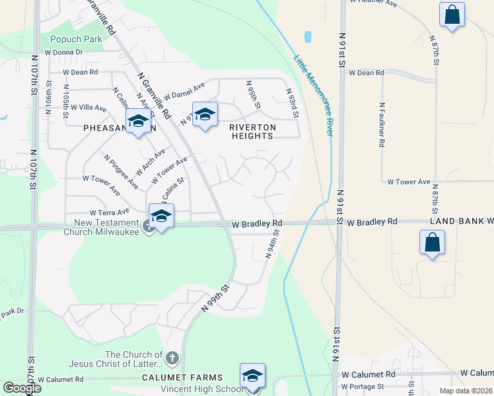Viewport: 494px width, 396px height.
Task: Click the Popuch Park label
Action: (76, 39)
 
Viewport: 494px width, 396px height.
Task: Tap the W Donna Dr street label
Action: (63, 51)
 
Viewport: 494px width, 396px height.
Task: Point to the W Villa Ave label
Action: (88, 108)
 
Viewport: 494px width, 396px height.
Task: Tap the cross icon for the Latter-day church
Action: (172, 358)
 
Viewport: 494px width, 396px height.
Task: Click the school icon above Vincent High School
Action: (252, 376)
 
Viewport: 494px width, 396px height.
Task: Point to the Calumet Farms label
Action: (174, 378)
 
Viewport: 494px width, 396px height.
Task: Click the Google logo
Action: (22, 388)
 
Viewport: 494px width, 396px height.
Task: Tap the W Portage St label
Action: (363, 386)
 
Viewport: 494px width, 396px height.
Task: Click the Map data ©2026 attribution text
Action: (465, 391)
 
